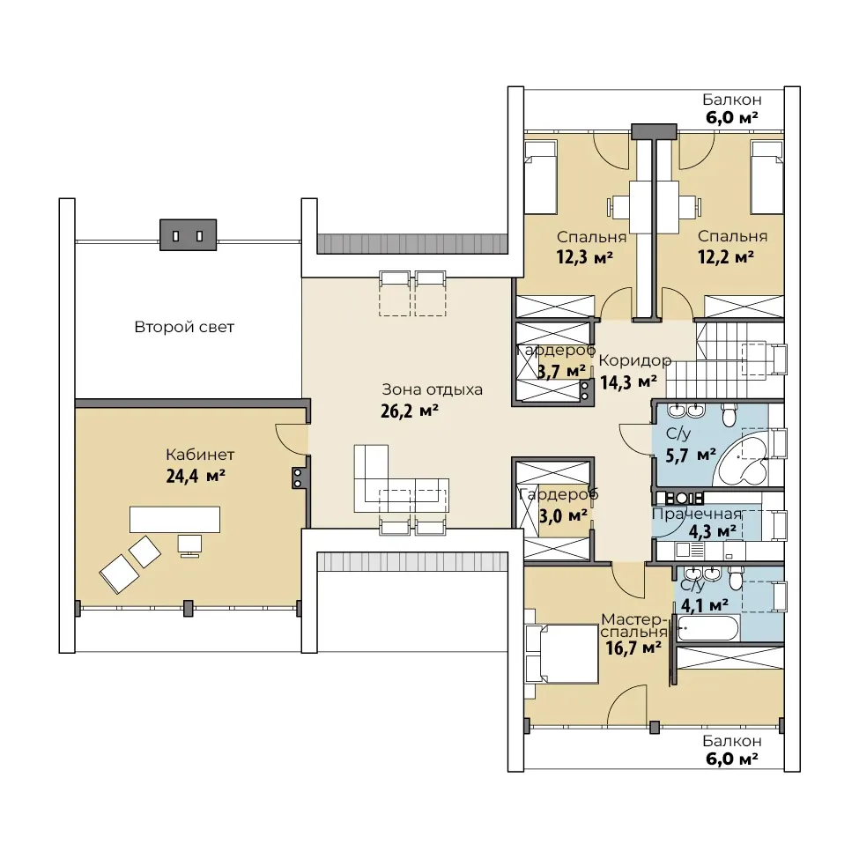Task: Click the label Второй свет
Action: pyautogui.click(x=184, y=327)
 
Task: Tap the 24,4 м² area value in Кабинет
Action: pyautogui.click(x=196, y=476)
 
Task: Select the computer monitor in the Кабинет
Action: pyautogui.click(x=189, y=545)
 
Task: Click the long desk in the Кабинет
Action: pyautogui.click(x=174, y=519)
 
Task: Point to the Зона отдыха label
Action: pyautogui.click(x=433, y=389)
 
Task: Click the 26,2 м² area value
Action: pyautogui.click(x=409, y=411)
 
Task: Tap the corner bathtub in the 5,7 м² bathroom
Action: pyautogui.click(x=744, y=457)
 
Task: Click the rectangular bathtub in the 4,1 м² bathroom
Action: pyautogui.click(x=709, y=626)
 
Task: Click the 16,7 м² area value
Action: pyautogui.click(x=633, y=648)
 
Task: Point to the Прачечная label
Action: pyautogui.click(x=696, y=514)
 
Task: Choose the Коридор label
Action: pyautogui.click(x=635, y=360)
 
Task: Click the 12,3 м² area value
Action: pyautogui.click(x=584, y=256)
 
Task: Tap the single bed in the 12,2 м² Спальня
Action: pyautogui.click(x=767, y=177)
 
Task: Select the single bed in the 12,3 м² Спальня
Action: pyautogui.click(x=541, y=177)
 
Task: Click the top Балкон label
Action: pyautogui.click(x=732, y=100)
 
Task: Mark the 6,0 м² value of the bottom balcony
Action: pyautogui.click(x=732, y=759)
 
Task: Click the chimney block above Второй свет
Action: pyautogui.click(x=188, y=235)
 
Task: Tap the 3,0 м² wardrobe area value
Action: pyautogui.click(x=564, y=515)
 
